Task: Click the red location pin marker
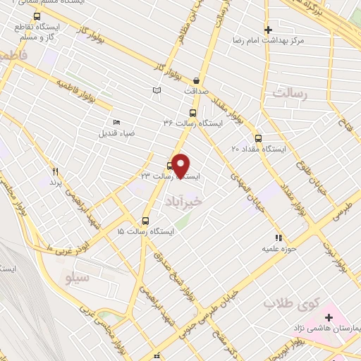[x=181, y=166]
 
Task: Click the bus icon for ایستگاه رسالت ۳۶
[x=193, y=113]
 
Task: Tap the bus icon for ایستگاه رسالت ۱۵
[x=146, y=221]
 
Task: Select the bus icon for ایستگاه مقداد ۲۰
[x=258, y=138]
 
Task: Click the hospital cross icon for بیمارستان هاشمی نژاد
[x=329, y=317]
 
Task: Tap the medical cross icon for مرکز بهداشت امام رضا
[x=268, y=30]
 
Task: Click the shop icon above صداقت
[x=196, y=80]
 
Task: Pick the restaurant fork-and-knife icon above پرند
[x=55, y=171]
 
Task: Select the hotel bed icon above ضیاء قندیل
[x=116, y=122]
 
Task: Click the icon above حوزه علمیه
[x=279, y=238]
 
